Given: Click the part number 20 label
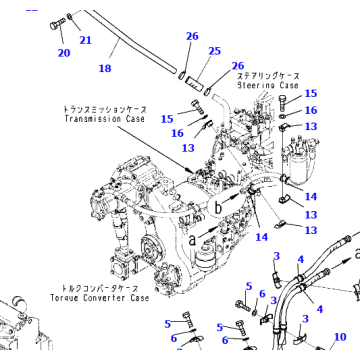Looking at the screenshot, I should coord(62,52).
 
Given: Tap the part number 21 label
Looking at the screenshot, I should coord(86,40).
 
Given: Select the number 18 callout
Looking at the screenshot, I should coord(104,69).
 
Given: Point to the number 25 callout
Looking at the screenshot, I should coord(213,51).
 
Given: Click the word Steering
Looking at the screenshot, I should coord(255,86).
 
